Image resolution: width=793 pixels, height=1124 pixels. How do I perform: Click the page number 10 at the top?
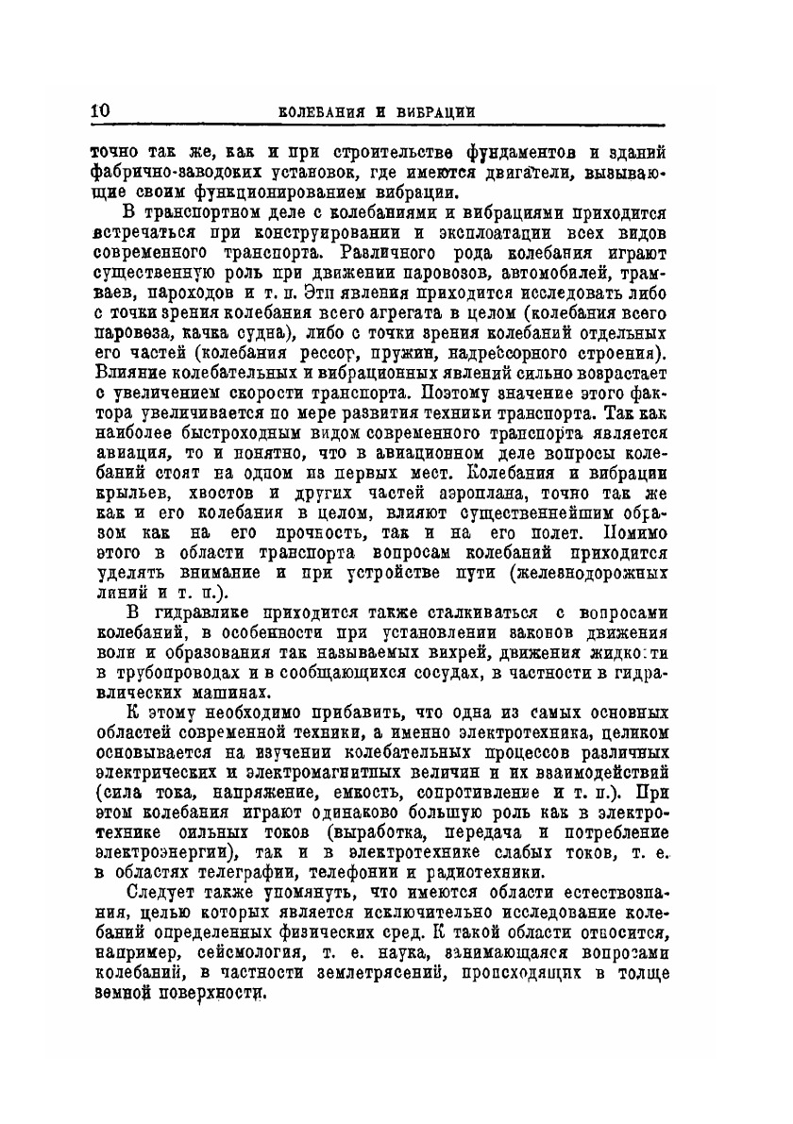pos(101,110)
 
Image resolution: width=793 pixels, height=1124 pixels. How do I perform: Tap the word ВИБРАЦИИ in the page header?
pos(430,112)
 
